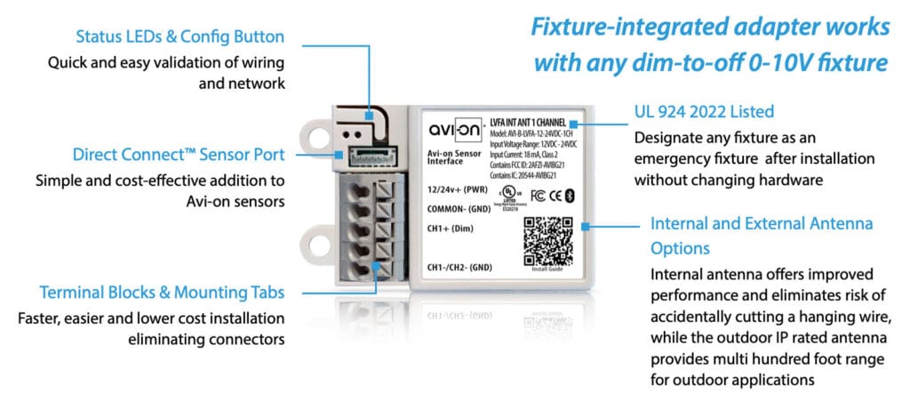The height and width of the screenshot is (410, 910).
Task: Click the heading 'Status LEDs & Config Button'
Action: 180,37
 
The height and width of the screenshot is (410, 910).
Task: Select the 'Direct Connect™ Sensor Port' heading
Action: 169,155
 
